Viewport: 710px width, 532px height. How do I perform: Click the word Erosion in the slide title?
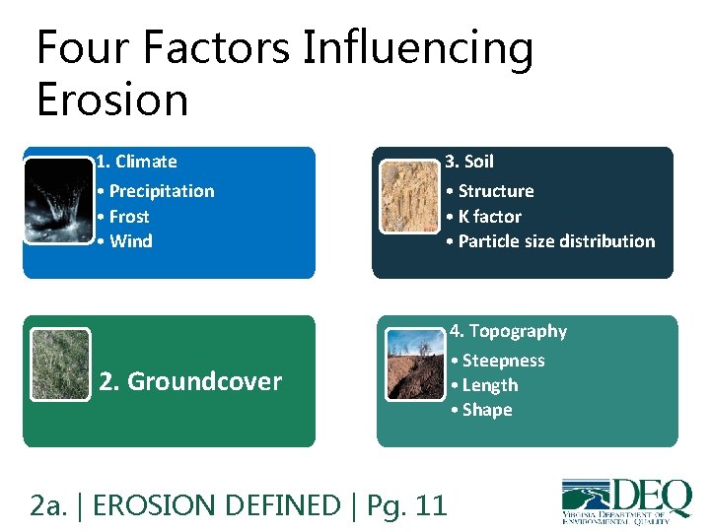coord(111,99)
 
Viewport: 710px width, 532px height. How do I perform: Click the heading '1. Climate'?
coord(137,162)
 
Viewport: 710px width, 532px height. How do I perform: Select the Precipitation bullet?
coord(156,191)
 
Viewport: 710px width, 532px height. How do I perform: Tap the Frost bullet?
coord(123,217)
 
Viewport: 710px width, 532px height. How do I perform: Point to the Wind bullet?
coord(124,241)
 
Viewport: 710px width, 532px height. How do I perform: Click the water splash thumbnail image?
coord(58,200)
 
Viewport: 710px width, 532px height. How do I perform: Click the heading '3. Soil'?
coord(469,162)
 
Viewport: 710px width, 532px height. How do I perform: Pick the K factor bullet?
coord(483,217)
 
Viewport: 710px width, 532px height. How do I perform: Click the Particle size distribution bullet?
coord(550,241)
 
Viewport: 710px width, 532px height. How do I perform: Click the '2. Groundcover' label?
coord(190,381)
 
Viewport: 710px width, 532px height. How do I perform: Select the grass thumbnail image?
coord(60,365)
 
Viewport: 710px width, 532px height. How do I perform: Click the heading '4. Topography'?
coord(509,331)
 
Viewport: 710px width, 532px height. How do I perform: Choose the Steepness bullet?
coord(498,361)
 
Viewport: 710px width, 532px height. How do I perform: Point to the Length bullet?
coord(484,385)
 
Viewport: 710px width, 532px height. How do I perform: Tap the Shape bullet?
coord(481,410)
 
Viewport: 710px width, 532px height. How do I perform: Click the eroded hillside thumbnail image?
coord(415,365)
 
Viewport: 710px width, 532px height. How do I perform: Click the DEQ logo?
coord(626,499)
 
